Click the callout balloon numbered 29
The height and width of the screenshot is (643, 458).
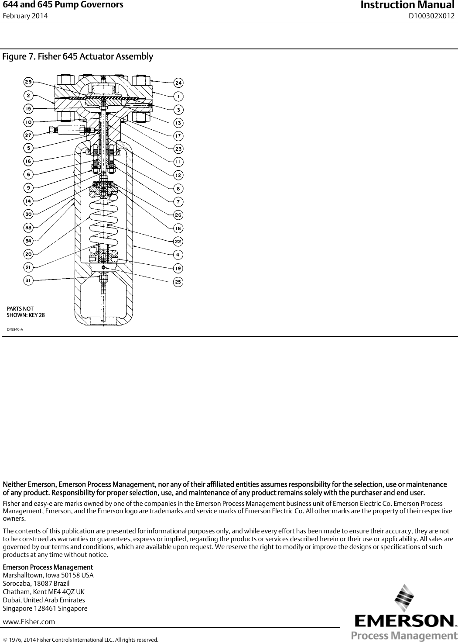28,82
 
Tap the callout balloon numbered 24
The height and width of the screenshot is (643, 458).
178,83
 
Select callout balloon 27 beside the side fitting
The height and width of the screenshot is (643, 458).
28,135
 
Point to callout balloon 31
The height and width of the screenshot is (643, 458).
28,281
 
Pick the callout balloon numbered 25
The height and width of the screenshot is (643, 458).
178,282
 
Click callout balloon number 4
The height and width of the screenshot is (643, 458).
178,254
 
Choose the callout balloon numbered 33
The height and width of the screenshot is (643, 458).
28,228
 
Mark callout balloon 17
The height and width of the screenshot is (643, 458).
178,135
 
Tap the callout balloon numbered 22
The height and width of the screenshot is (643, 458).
178,241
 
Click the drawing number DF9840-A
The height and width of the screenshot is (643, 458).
15,329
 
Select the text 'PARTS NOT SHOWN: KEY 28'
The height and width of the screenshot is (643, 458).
25,312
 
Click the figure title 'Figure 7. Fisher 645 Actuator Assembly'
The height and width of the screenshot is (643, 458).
78,57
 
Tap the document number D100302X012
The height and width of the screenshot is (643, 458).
431,16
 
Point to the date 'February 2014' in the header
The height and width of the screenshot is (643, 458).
25,16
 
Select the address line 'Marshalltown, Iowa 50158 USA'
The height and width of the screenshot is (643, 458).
48,575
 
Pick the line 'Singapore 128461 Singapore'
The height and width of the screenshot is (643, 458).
45,608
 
